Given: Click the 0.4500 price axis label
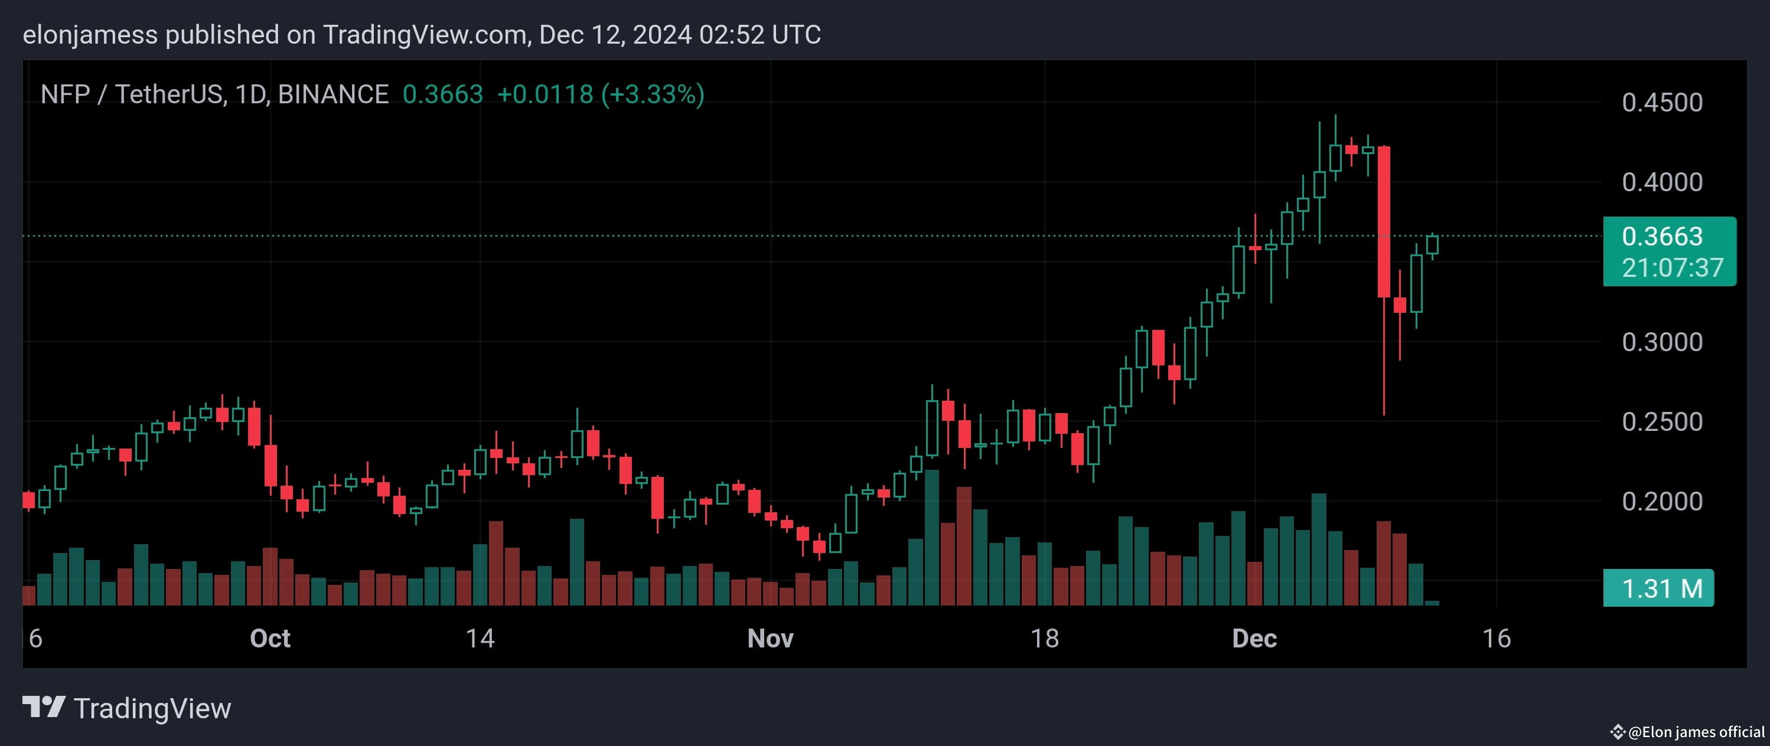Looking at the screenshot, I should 1661,102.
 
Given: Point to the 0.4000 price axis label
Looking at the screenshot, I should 1661,182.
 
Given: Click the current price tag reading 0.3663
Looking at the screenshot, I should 1661,236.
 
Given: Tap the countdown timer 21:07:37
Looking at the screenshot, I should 1672,268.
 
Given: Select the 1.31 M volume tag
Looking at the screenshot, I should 1661,588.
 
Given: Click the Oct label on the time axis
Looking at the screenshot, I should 269,638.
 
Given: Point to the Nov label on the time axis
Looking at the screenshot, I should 770,638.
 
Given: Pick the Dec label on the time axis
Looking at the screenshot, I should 1254,638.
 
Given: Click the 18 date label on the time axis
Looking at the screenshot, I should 1044,638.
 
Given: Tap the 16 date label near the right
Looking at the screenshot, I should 1496,638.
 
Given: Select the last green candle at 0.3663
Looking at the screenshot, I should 1432,244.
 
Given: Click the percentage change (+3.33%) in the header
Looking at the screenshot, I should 653,94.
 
